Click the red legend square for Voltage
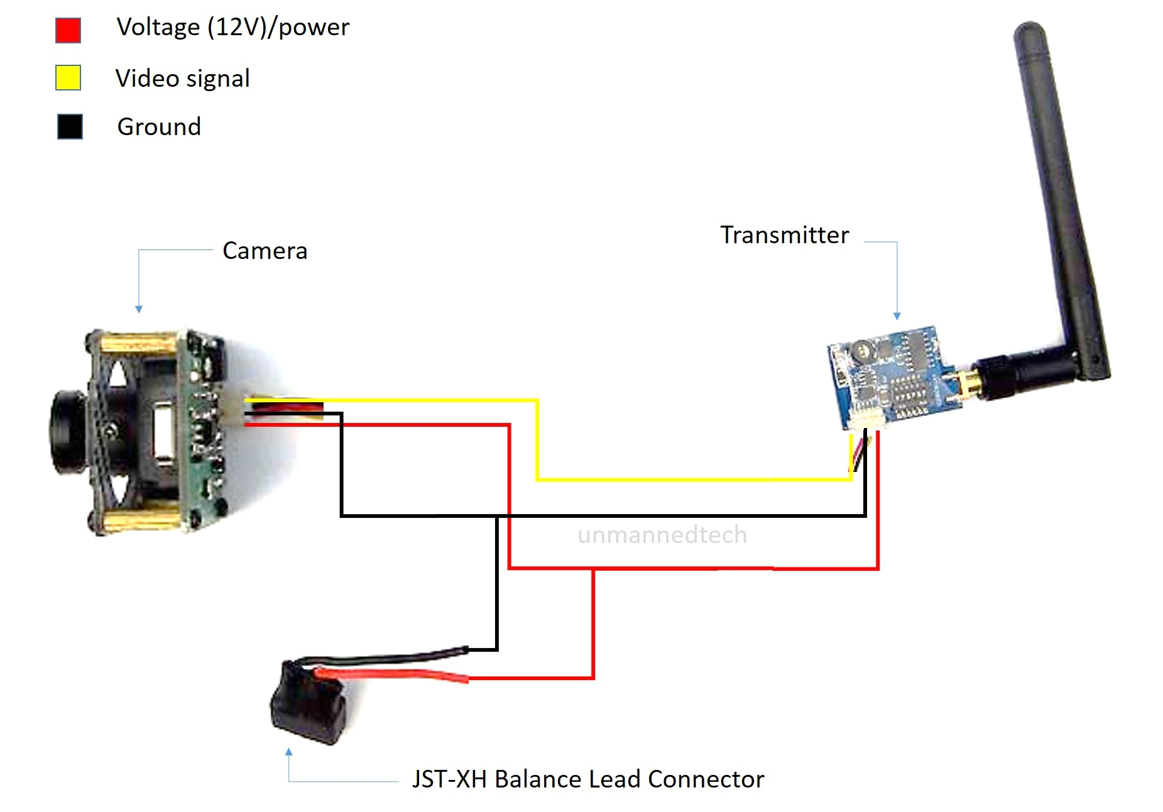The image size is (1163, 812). (68, 30)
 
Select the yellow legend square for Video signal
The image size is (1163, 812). (68, 78)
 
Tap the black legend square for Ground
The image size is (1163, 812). (70, 126)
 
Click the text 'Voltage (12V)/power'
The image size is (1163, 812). (232, 28)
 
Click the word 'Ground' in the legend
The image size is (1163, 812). (159, 127)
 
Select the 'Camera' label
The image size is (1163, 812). (265, 251)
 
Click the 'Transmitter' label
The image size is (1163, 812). (784, 235)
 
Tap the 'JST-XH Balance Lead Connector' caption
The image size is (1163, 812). (587, 779)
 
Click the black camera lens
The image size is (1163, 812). (68, 432)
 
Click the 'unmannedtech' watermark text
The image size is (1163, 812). (662, 535)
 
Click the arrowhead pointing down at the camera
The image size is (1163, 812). (139, 309)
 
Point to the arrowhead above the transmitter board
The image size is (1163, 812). (897, 316)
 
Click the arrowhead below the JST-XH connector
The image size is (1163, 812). (288, 752)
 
